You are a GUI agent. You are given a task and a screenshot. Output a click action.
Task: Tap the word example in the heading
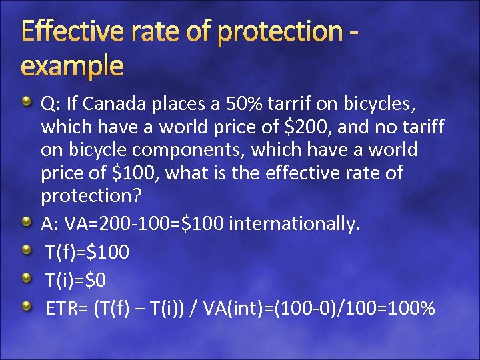(x=73, y=66)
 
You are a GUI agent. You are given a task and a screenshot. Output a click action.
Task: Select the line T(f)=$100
(x=87, y=252)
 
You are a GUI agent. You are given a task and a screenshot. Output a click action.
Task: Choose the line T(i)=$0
(x=75, y=281)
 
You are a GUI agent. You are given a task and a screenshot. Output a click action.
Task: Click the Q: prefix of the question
(x=51, y=103)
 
